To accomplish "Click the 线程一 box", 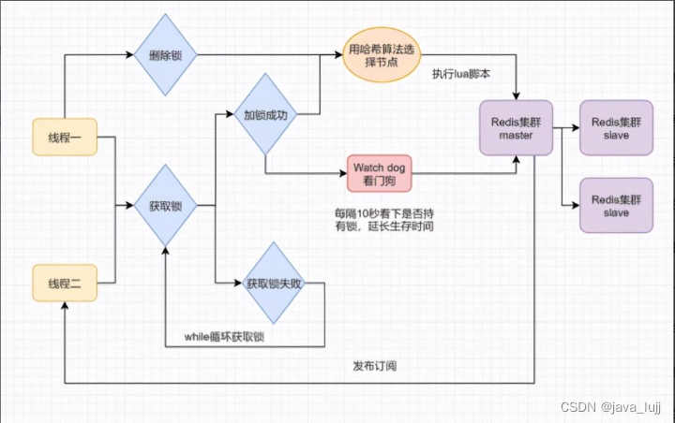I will click(x=64, y=138).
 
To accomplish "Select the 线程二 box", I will click(x=64, y=282).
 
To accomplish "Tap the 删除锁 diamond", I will click(x=165, y=56).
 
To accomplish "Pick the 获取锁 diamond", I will click(x=165, y=205).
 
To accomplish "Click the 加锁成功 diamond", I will click(x=265, y=117).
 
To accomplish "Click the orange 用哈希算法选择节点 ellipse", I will click(x=372, y=56).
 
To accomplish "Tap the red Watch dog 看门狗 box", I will click(x=379, y=172).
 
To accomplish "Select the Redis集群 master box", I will click(x=516, y=128).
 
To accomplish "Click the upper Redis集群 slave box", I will click(x=615, y=128).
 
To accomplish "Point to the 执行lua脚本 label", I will click(x=461, y=74).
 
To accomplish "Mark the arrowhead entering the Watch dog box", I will click(x=342, y=173).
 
